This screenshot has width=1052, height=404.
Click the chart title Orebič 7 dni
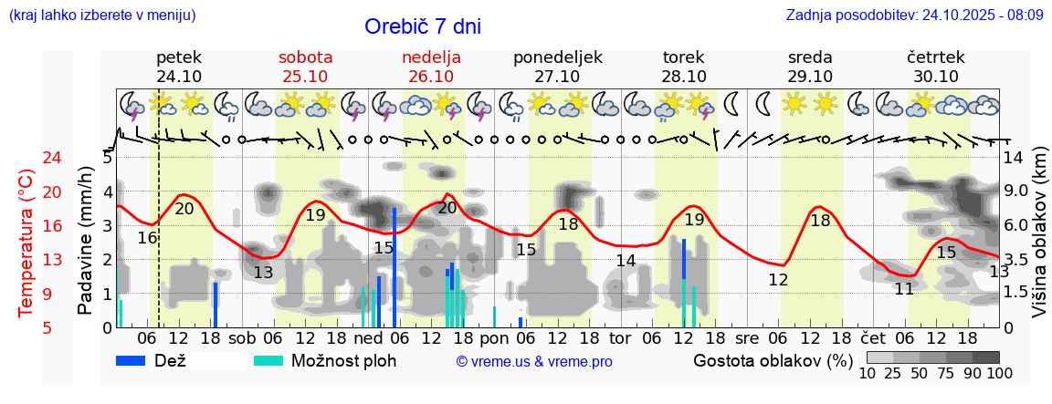click(x=422, y=26)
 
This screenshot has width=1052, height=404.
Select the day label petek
click(x=179, y=57)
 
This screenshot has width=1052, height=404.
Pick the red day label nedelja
click(x=431, y=57)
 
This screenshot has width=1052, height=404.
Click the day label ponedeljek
click(x=557, y=57)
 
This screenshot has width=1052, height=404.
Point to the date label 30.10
click(x=935, y=77)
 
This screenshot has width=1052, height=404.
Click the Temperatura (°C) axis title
click(x=26, y=243)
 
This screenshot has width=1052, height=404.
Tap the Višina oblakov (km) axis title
click(x=1038, y=243)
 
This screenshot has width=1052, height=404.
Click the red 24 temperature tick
click(x=27, y=158)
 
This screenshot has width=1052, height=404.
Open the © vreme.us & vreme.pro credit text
click(x=534, y=361)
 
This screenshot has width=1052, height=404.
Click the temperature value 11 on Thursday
click(x=904, y=289)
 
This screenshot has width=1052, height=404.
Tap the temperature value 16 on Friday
click(x=148, y=238)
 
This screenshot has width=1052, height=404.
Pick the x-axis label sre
click(x=747, y=338)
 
